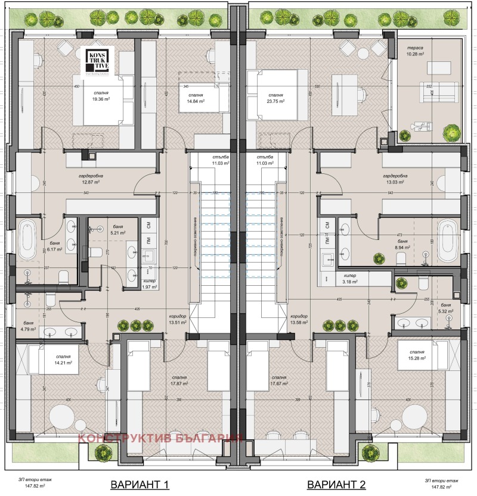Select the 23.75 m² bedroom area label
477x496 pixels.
click(275, 98)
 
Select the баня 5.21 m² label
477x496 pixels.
click(117, 230)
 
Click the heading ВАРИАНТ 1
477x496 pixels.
click(135, 484)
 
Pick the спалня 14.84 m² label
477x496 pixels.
click(196, 98)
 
